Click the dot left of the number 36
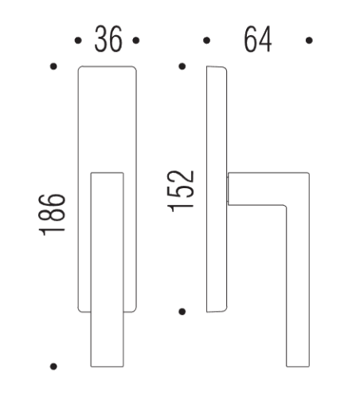pos(77,39)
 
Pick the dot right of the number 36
pos(137,39)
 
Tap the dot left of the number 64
pos(205,39)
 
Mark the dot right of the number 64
pos(308,39)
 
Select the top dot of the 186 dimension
pos(53,67)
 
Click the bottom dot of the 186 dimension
pos(53,367)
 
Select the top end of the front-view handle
pos(108,177)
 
